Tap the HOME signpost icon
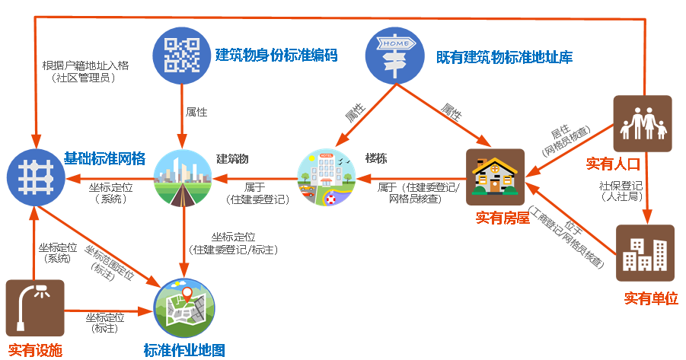click(394, 56)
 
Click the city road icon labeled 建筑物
click(183, 178)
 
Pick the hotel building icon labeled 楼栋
click(326, 178)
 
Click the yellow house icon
click(496, 177)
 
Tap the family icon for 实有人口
click(643, 123)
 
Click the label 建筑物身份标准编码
click(276, 55)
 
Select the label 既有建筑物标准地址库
click(504, 57)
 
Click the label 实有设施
click(35, 351)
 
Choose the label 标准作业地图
click(184, 351)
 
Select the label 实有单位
click(651, 298)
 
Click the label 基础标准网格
click(104, 158)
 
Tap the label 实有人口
click(612, 164)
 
